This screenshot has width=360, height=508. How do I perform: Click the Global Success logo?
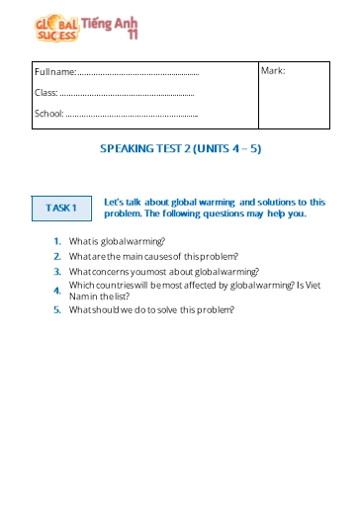click(56, 28)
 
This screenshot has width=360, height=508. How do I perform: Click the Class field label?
click(45, 92)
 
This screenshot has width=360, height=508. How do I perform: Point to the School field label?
click(48, 113)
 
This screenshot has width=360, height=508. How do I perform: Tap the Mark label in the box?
click(273, 70)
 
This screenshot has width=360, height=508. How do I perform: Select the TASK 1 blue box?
click(61, 208)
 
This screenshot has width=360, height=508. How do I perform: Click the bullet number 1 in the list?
click(59, 241)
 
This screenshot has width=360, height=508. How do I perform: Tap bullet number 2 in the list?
click(59, 256)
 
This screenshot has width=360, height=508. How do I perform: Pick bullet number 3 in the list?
click(59, 271)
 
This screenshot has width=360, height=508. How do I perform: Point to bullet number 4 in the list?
click(59, 291)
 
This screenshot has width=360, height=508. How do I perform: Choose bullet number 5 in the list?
click(59, 310)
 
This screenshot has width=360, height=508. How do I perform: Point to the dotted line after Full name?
click(138, 73)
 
